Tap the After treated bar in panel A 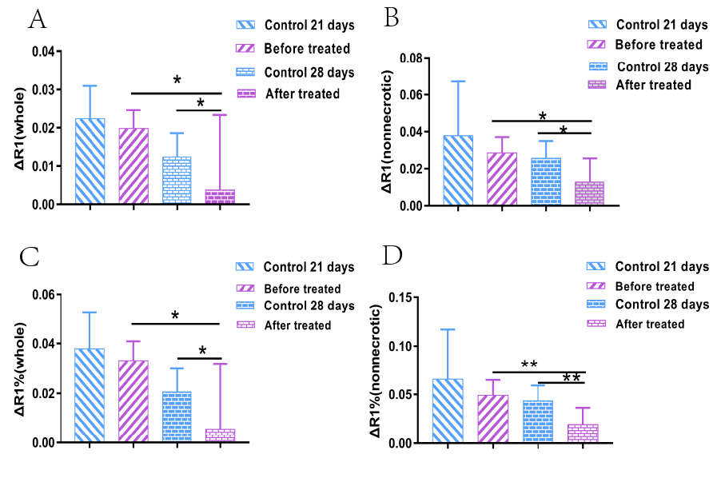coord(221,197)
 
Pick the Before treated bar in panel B coord(501,179)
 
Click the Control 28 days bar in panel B coord(547,181)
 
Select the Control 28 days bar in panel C coord(176,416)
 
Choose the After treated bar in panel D coord(583,433)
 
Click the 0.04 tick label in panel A coord(45,52)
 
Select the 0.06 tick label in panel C coord(45,296)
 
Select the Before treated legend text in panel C coord(302,289)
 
